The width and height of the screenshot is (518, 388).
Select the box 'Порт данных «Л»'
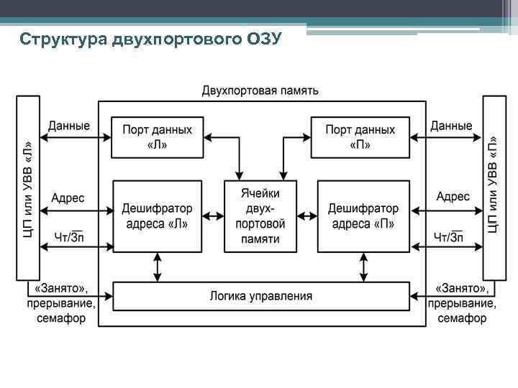158,137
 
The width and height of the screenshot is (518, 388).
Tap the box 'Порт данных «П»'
360,137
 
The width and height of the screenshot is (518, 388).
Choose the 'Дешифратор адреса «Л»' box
158,216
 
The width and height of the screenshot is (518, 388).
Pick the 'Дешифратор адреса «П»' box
363,216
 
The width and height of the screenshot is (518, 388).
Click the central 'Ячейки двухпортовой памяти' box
260,216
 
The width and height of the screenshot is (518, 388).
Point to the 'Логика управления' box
260,296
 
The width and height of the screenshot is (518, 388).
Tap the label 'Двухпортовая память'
260,91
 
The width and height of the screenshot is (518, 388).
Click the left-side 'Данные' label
69,126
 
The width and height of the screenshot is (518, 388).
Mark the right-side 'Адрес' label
453,196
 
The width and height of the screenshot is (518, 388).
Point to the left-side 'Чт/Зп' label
69,236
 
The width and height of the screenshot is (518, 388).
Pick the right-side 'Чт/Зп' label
448,236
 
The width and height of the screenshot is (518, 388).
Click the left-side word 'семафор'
62,318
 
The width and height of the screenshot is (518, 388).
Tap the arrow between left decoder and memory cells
213,216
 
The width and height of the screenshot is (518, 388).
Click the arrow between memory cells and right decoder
306,216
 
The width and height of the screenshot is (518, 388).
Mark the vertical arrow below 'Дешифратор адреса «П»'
363,267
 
